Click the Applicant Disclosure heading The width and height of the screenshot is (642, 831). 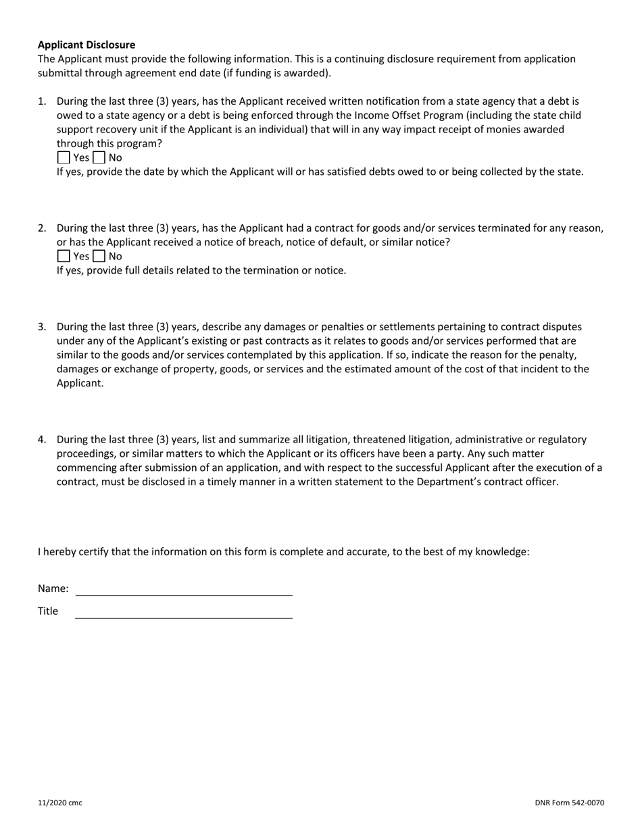coord(87,45)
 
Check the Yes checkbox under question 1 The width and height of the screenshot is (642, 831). coord(64,157)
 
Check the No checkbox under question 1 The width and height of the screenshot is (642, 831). coord(99,157)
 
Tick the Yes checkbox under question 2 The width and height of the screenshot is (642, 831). coord(64,256)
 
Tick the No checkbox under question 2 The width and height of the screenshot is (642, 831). coord(99,256)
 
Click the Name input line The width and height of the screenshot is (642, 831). coord(184,589)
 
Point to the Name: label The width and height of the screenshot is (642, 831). coord(53,588)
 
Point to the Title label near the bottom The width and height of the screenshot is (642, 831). coord(48,611)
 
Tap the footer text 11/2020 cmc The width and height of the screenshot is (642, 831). coord(60,803)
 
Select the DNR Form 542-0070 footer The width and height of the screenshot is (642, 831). coord(569,803)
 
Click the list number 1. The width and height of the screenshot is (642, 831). coord(42,101)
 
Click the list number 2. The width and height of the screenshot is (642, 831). coord(42,228)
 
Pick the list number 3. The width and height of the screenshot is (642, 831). coord(42,327)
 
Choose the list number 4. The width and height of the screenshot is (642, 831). coord(42,440)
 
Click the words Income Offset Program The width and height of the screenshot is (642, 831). coord(408,116)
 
